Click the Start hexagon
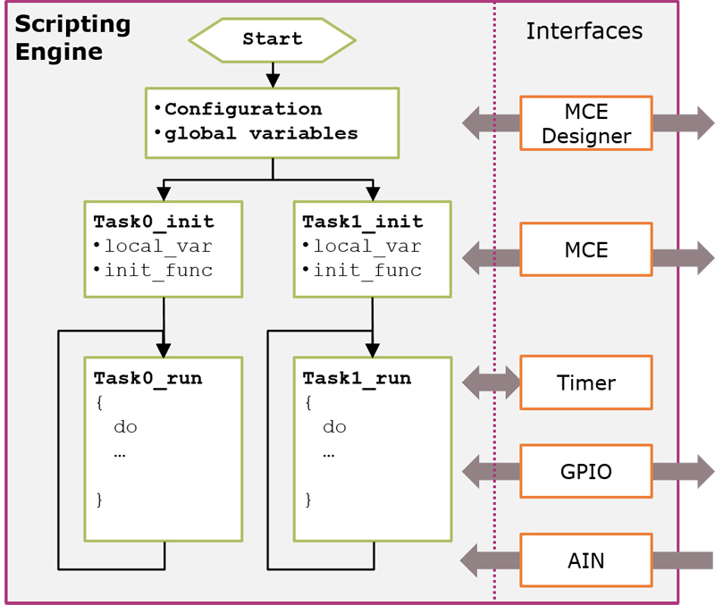272,39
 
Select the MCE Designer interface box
585,123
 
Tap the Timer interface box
585,382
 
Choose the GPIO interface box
585,471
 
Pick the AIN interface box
585,560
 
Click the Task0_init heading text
154,222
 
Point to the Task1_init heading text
362,222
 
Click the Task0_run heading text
147,378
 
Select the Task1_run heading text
357,378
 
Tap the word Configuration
242,109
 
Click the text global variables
261,133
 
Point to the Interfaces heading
584,30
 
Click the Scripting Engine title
72,38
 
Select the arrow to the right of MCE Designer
683,123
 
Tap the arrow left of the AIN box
490,560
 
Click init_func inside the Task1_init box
367,270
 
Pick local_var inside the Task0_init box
158,246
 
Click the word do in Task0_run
125,426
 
